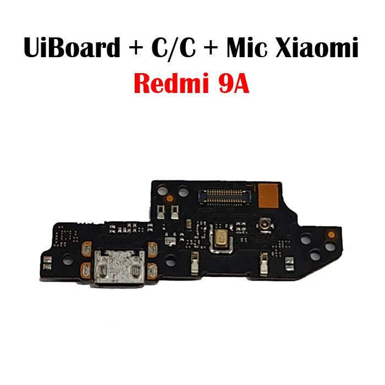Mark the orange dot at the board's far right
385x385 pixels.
point(331,234)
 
